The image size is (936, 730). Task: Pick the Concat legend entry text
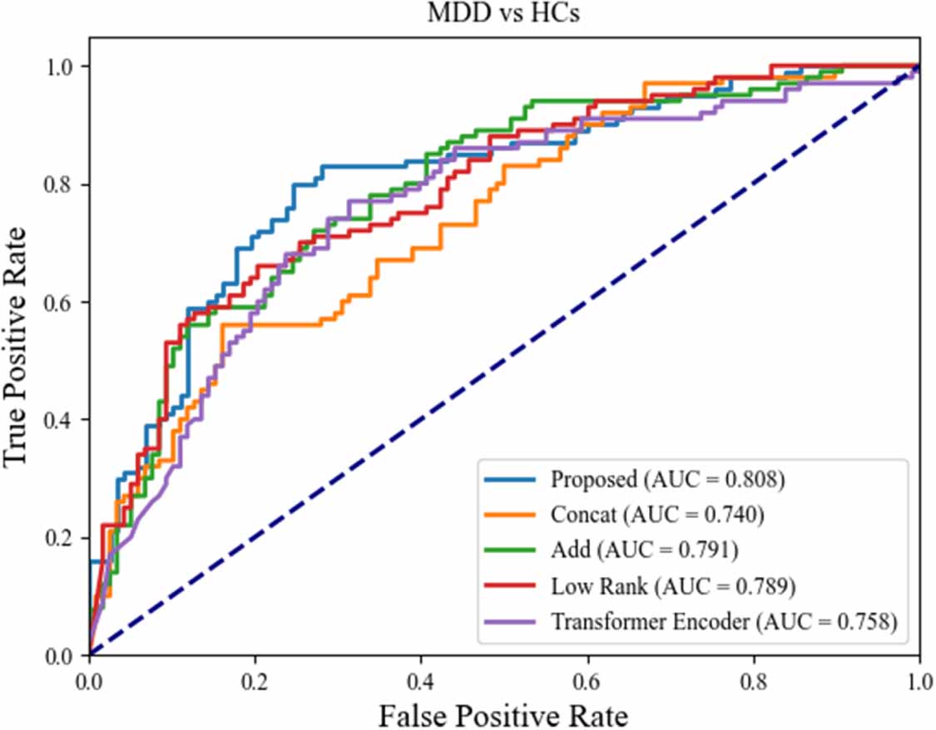(x=657, y=515)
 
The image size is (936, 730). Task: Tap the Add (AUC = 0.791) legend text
(x=644, y=550)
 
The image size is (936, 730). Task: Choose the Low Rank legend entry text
(x=673, y=586)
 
